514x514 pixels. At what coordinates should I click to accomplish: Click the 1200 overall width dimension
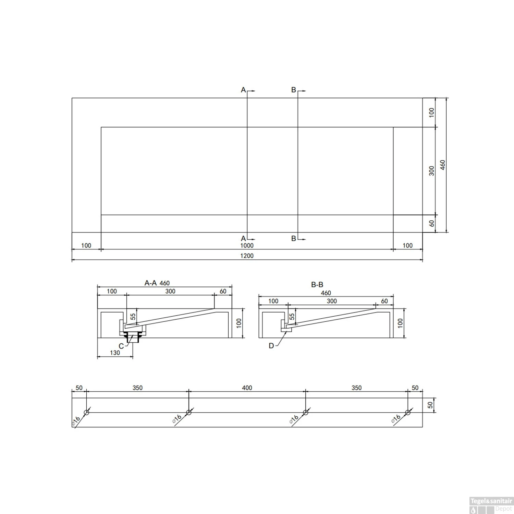click(x=247, y=256)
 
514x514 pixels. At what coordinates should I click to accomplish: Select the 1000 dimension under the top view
click(x=247, y=245)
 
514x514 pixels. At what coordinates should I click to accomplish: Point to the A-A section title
click(x=150, y=283)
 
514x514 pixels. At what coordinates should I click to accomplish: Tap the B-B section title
click(x=317, y=284)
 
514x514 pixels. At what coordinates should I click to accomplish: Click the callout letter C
click(x=121, y=346)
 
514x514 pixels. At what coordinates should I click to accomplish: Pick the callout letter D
click(x=271, y=346)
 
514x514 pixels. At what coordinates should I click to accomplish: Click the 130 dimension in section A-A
click(x=115, y=353)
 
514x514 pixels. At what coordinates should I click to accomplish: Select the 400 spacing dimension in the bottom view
click(x=247, y=388)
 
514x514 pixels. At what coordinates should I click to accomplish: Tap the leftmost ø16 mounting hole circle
click(x=86, y=413)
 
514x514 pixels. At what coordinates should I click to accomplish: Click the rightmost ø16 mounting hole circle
click(x=407, y=413)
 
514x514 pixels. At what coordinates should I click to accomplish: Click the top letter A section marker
click(x=243, y=90)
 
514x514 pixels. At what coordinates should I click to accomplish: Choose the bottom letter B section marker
click(x=294, y=238)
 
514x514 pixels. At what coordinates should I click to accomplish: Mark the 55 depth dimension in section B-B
click(x=292, y=317)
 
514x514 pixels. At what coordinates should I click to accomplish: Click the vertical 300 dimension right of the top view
click(x=432, y=171)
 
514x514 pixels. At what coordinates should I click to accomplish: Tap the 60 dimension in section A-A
click(x=223, y=291)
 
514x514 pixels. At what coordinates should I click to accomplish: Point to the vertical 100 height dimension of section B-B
click(x=400, y=323)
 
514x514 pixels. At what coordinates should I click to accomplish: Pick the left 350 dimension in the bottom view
click(x=137, y=388)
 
